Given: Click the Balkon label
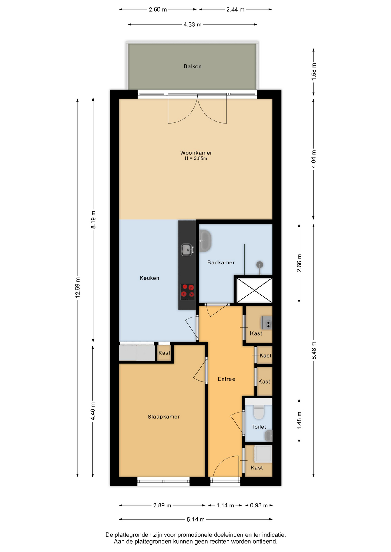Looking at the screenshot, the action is [x=192, y=66].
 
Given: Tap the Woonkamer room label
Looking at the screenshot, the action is [x=196, y=153].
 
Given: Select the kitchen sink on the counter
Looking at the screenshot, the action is [x=187, y=250].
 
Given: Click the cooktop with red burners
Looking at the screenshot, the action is [x=187, y=292].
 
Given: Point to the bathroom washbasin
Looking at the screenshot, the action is [x=205, y=241].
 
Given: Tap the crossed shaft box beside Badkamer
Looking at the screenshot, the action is [x=254, y=290].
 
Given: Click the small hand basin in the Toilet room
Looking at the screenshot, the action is [x=268, y=436].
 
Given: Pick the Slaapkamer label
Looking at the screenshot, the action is [x=164, y=417].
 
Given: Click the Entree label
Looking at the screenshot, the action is [x=226, y=379].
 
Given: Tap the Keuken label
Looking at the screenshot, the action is [x=149, y=278].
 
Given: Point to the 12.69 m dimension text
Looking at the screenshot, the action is [x=77, y=287].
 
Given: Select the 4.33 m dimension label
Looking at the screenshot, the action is [x=193, y=24].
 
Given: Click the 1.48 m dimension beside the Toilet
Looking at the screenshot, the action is [x=299, y=420].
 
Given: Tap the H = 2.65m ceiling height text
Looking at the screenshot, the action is [x=196, y=158].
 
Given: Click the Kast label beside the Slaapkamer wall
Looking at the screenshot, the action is [x=164, y=353].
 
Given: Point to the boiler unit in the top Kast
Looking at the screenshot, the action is [x=266, y=323].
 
